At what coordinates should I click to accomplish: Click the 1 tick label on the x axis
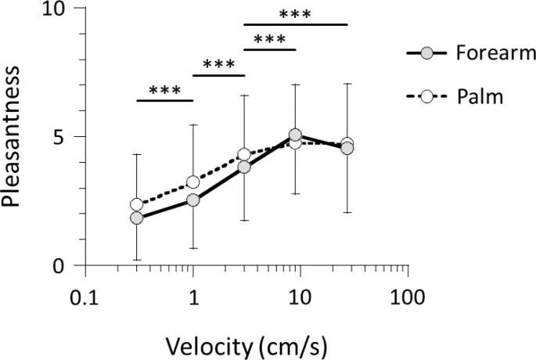tap(192, 298)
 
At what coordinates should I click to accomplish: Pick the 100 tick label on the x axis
tap(408, 298)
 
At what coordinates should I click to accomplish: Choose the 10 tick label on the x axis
tap(300, 298)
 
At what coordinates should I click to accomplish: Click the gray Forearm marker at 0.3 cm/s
tap(137, 218)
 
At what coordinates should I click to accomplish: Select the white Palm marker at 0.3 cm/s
tap(137, 204)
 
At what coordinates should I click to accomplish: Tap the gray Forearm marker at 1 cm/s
tap(192, 200)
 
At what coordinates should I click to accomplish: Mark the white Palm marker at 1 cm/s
tap(192, 182)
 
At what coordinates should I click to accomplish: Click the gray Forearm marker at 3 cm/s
tap(244, 167)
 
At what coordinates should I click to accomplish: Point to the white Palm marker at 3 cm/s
tap(244, 155)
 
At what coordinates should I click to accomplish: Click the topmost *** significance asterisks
tap(295, 15)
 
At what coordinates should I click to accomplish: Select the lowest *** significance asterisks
tap(164, 90)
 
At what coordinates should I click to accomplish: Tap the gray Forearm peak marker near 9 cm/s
tap(295, 135)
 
